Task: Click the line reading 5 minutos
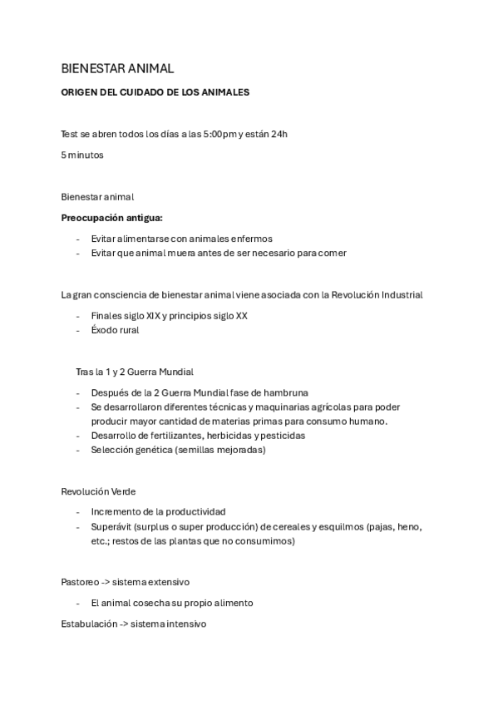82,155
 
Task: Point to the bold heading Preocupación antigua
112,218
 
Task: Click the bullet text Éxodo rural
116,329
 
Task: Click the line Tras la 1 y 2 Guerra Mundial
135,372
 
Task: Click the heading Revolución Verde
98,491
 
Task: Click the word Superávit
113,526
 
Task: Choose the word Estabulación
89,623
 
